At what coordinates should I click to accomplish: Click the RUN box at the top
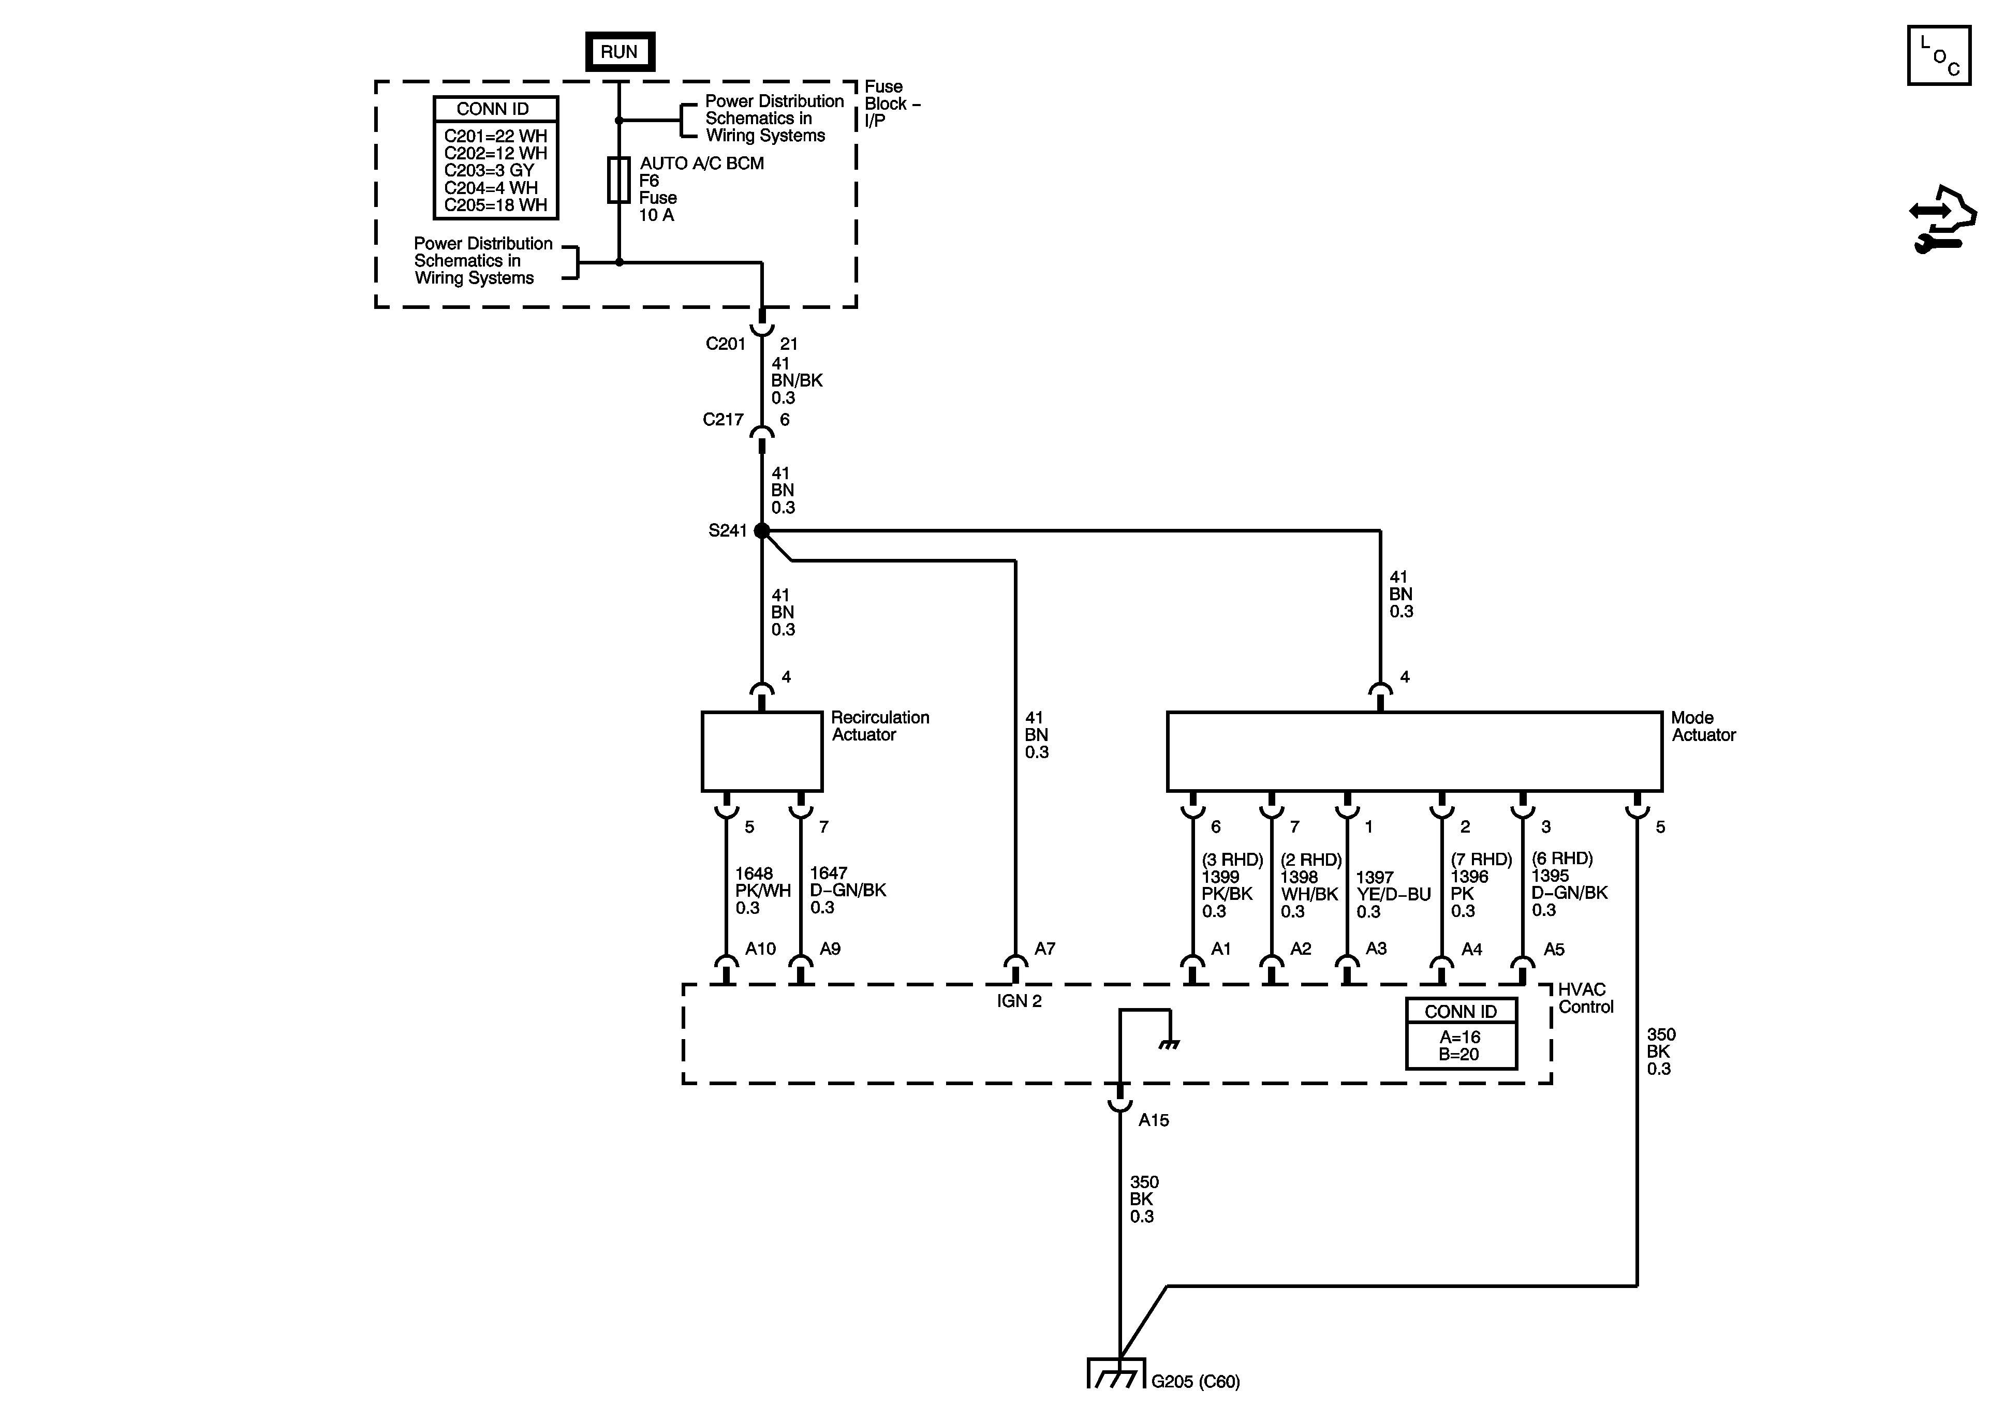619,52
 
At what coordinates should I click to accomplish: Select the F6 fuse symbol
618,181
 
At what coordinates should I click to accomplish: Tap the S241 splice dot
761,530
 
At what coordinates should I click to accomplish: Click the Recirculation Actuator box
761,751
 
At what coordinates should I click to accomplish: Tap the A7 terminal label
1044,949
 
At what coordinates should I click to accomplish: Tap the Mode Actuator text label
1702,727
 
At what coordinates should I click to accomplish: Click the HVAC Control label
1585,998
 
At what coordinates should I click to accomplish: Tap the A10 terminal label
760,949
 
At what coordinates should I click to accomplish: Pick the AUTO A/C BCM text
701,164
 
